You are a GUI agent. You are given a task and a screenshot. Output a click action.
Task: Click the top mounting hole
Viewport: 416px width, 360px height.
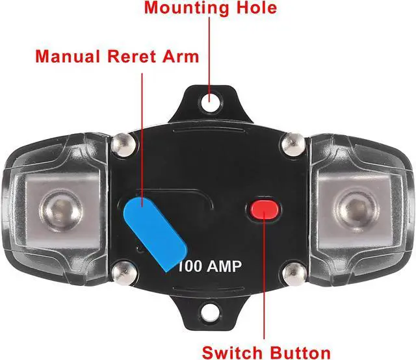point(208,101)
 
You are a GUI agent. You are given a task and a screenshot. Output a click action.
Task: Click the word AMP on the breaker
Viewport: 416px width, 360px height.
point(226,266)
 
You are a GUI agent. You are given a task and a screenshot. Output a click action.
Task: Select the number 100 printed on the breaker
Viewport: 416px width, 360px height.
point(190,266)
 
